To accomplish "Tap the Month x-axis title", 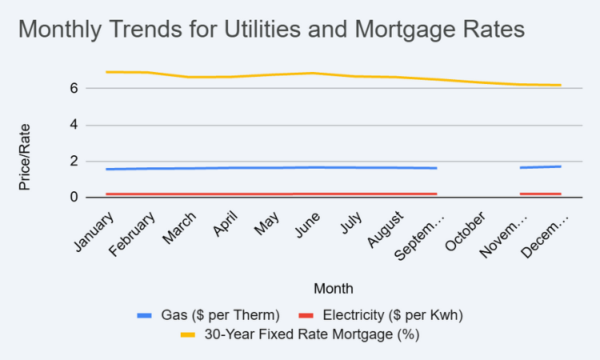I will (x=334, y=288).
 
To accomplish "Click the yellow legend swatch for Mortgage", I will (x=188, y=334).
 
